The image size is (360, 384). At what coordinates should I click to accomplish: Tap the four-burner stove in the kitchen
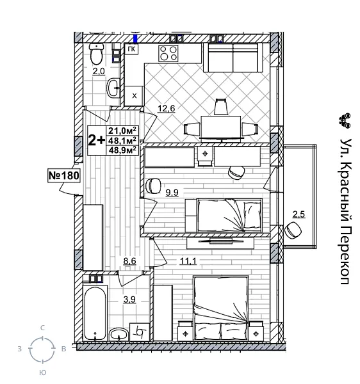click(x=169, y=52)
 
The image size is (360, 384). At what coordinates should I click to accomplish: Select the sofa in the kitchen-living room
click(x=232, y=58)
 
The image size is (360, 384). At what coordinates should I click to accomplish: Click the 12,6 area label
click(x=167, y=108)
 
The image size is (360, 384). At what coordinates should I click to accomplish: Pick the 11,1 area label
click(x=170, y=261)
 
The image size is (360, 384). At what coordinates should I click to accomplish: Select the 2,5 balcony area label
click(x=299, y=214)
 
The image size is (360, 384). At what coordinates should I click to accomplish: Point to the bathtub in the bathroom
click(x=95, y=314)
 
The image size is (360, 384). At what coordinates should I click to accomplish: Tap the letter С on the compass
click(x=42, y=328)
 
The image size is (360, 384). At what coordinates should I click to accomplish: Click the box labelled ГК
click(x=132, y=50)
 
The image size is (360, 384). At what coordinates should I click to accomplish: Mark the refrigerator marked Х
click(x=134, y=95)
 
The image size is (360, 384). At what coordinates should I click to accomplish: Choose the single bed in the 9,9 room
click(x=228, y=214)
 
